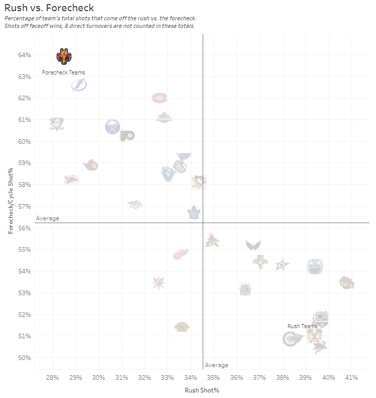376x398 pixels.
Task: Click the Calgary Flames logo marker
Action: (64, 56)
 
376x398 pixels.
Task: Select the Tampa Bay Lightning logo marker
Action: (79, 85)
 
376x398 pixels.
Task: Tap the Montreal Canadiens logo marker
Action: (159, 98)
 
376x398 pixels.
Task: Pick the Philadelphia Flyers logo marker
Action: (127, 135)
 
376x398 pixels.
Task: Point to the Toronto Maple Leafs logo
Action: (194, 213)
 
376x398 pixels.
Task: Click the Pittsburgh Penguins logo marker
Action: (199, 182)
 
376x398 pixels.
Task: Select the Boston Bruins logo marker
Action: (182, 327)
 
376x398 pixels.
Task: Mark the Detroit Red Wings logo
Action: (181, 254)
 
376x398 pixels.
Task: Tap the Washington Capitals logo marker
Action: (253, 245)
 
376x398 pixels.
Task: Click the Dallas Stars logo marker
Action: (282, 264)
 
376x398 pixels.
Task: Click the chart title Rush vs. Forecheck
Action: (49, 8)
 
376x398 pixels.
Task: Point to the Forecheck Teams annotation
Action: (63, 72)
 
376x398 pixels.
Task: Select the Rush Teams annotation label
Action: (302, 326)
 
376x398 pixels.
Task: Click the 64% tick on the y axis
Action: (25, 55)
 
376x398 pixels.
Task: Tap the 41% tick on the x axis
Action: (351, 378)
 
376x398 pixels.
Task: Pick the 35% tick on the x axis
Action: (213, 378)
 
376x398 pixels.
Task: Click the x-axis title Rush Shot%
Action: (202, 390)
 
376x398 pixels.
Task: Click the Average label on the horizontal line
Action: (48, 218)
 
